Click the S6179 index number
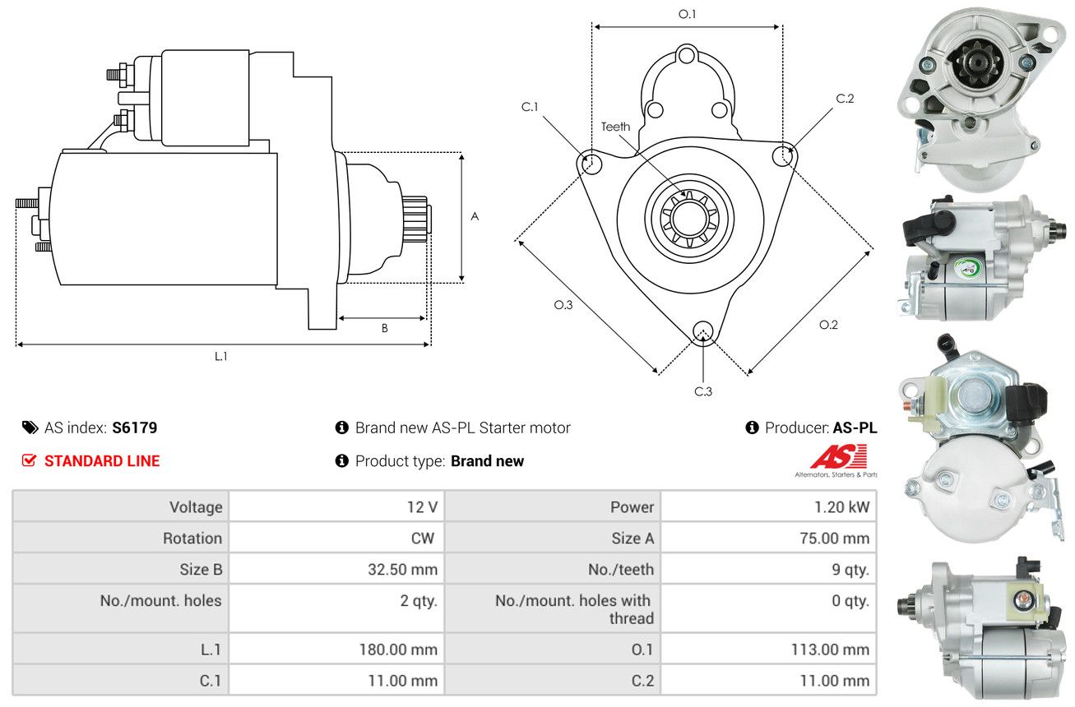point(134,427)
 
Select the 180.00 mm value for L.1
point(398,649)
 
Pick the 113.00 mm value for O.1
point(830,649)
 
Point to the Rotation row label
point(192,538)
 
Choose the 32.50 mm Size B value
point(403,570)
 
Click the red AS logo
point(839,456)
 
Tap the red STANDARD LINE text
point(102,461)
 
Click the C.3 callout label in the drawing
point(703,391)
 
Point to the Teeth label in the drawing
point(615,127)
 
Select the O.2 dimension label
point(828,325)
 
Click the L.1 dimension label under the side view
point(220,356)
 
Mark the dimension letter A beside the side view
point(475,216)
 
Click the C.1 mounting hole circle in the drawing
point(591,164)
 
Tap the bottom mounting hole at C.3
point(702,331)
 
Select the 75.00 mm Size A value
point(835,538)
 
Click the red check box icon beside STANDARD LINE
point(29,460)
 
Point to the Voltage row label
point(196,507)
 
